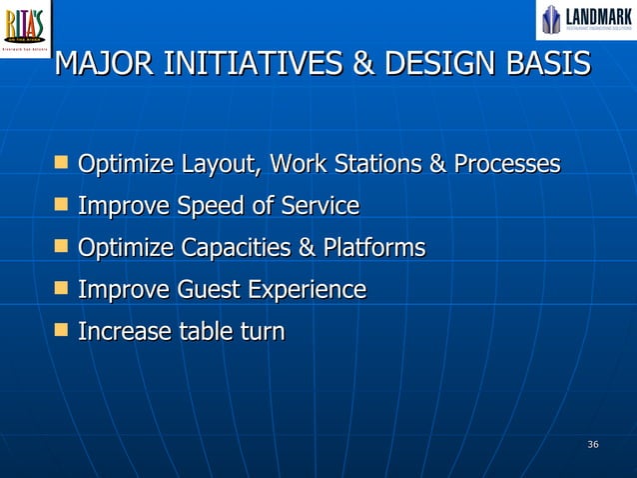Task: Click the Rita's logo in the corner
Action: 26,27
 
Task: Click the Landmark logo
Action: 586,20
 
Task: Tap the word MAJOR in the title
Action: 105,64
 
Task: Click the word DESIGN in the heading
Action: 431,64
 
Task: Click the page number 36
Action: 593,444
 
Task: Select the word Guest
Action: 210,290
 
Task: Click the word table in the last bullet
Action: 207,331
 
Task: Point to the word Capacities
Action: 234,248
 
